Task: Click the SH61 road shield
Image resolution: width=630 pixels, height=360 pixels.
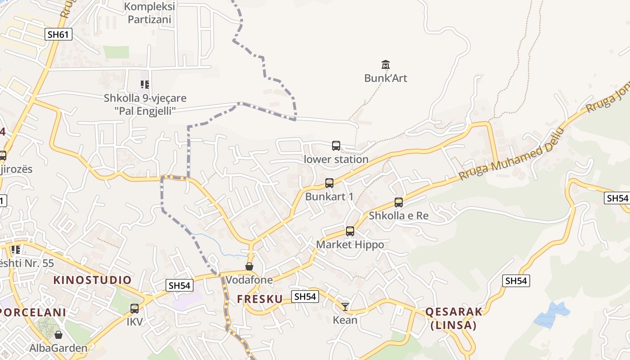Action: [58, 34]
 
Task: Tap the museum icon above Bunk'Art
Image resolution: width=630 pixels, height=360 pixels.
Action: [385, 64]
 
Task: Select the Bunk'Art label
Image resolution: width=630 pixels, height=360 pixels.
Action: [386, 78]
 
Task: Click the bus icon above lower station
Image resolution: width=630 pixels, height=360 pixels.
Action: [336, 146]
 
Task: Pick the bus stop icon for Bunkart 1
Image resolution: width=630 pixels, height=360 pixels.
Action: [329, 183]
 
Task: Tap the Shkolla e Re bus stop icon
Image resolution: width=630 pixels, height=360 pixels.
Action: [399, 202]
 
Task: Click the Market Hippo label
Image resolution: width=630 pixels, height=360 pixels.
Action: [350, 244]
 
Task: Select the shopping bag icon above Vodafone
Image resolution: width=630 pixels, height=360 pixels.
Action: [249, 266]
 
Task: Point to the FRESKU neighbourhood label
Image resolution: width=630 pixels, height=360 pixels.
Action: [260, 299]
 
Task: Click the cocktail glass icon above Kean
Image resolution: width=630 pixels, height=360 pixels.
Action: [345, 307]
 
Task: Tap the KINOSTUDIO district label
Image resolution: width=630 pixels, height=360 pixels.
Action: [92, 280]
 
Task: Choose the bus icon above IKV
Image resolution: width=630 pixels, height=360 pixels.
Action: [134, 309]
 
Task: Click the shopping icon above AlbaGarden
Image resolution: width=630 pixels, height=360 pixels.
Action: [58, 335]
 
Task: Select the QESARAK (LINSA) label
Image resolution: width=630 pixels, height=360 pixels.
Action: [454, 318]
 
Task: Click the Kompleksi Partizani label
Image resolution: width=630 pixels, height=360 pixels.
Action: [149, 13]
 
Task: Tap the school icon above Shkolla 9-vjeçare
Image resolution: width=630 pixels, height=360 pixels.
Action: [144, 84]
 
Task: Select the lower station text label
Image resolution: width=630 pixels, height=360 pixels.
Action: [336, 159]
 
